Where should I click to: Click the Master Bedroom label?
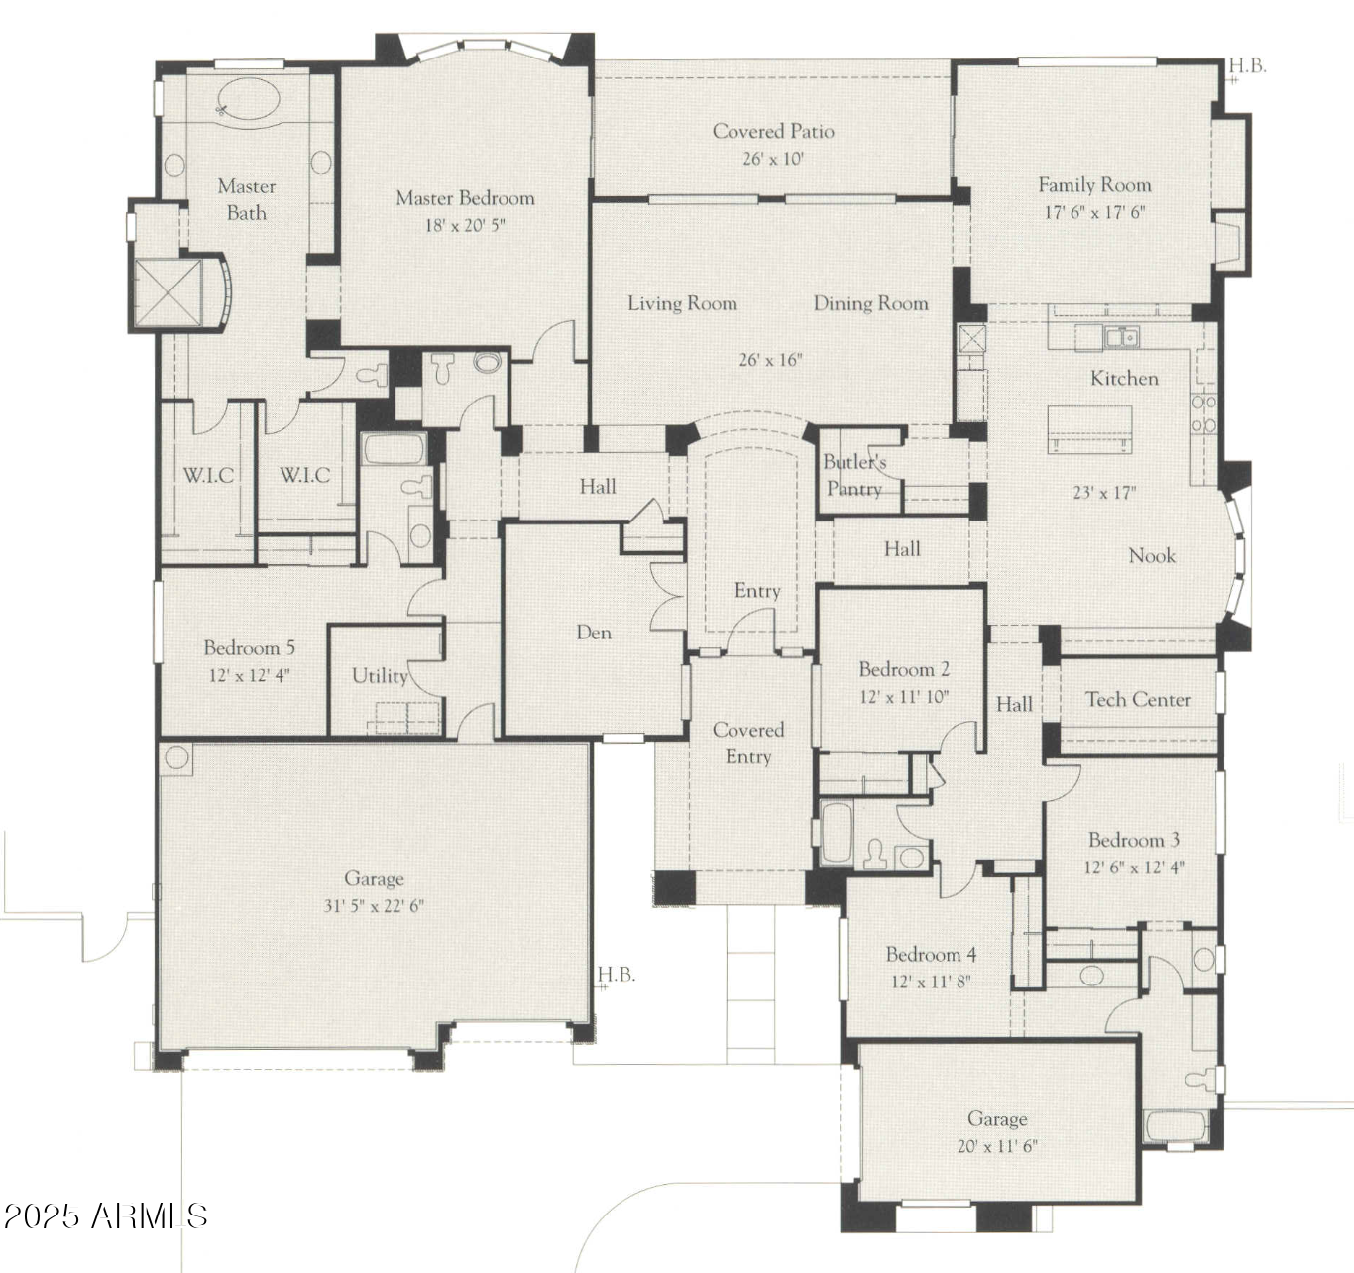(465, 198)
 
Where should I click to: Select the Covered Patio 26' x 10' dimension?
(773, 159)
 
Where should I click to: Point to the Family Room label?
(1094, 184)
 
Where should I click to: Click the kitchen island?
(1089, 429)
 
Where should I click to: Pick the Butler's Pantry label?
(854, 476)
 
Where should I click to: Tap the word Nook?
(1152, 556)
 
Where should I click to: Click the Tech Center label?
(1138, 699)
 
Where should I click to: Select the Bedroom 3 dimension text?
(1134, 868)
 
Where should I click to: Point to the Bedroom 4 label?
(931, 955)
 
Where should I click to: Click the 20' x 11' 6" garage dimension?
(997, 1146)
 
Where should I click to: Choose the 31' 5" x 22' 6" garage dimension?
(374, 906)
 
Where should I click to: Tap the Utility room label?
(380, 676)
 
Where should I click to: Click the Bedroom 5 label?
(249, 648)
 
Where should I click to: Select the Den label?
(594, 633)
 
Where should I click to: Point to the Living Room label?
(683, 303)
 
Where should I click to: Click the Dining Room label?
(870, 303)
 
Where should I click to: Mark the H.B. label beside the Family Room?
(1248, 66)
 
